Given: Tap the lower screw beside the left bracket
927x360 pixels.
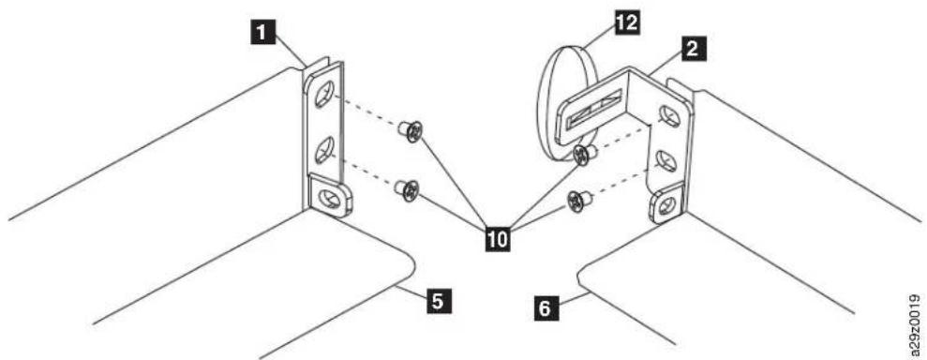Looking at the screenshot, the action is (x=407, y=190).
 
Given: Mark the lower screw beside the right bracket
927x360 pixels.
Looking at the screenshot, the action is (x=577, y=202).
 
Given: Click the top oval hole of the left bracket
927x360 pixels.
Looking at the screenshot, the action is (x=324, y=94).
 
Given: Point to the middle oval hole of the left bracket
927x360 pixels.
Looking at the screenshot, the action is (x=324, y=150).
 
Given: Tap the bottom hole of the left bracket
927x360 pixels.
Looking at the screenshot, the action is (x=329, y=198).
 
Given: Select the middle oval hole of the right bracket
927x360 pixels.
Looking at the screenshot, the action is (x=666, y=160).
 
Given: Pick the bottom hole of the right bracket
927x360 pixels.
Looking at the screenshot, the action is (x=665, y=205).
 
